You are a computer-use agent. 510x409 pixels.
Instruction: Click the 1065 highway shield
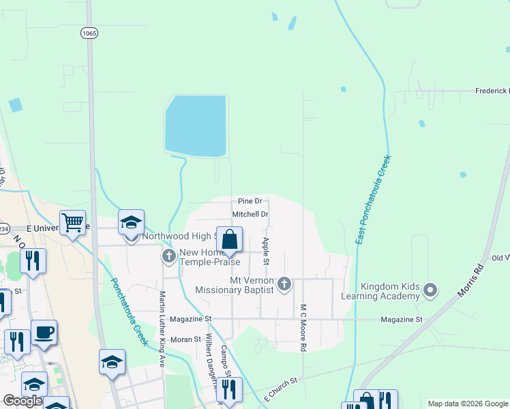[x=89, y=33]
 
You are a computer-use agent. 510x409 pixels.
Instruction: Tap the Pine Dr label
[x=250, y=201]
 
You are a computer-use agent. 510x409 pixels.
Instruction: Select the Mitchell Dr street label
[x=250, y=214]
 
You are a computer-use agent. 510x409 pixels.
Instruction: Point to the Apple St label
[x=266, y=252]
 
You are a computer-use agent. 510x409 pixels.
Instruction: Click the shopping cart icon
[x=72, y=222]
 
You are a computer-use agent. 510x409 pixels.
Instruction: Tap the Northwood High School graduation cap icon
[x=131, y=222]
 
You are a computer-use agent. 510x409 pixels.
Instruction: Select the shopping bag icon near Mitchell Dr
[x=230, y=239]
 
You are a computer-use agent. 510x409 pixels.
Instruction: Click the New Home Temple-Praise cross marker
[x=168, y=256]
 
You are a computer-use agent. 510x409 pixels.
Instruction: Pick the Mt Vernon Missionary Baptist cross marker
[x=284, y=283]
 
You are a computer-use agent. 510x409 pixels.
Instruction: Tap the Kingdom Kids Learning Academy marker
[x=430, y=291]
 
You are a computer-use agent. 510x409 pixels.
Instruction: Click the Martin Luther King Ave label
[x=162, y=329]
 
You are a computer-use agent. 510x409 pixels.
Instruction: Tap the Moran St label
[x=186, y=339]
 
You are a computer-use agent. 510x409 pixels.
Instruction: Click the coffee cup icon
[x=44, y=332]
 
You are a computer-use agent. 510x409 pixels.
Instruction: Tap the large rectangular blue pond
[x=195, y=125]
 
